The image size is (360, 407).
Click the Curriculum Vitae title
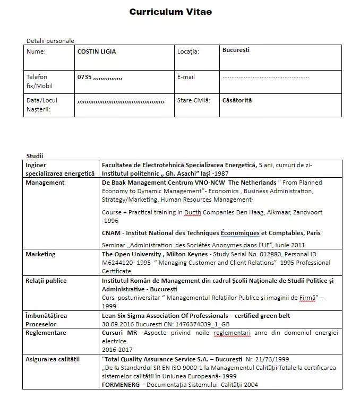pyautogui.click(x=170, y=12)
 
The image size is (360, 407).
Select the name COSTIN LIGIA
pyautogui.click(x=97, y=51)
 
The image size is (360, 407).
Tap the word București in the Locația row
pyautogui.click(x=236, y=50)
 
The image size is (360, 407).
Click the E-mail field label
pyautogui.click(x=186, y=77)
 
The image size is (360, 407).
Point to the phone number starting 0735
pyautogui.click(x=100, y=77)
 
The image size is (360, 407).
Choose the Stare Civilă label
pyautogui.click(x=194, y=100)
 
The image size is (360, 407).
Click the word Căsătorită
pyautogui.click(x=237, y=100)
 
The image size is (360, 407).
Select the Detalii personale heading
pyautogui.click(x=50, y=41)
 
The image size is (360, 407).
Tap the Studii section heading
pyautogui.click(x=35, y=156)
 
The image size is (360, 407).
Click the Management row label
pyautogui.click(x=45, y=183)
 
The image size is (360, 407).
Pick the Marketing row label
pyautogui.click(x=40, y=254)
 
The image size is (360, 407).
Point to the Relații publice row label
pyautogui.click(x=46, y=281)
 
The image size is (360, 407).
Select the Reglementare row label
pyautogui.click(x=46, y=333)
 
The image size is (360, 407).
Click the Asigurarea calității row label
pyautogui.click(x=53, y=359)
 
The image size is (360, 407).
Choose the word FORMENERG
pyautogui.click(x=122, y=385)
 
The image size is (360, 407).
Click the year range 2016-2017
pyautogui.click(x=116, y=350)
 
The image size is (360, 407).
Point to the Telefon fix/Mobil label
pyautogui.click(x=39, y=81)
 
